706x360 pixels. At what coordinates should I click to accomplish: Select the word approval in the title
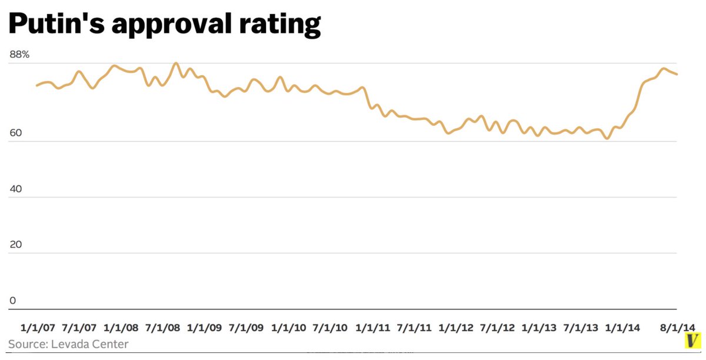point(171,25)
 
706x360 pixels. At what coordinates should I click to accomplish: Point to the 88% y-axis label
point(19,55)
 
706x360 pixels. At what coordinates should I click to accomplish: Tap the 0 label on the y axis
point(12,301)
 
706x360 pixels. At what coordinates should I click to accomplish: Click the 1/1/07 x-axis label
point(38,327)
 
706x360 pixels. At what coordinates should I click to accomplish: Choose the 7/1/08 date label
point(163,327)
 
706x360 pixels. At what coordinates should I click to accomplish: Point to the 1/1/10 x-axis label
point(288,327)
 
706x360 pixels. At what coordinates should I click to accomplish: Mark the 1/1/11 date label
point(372,327)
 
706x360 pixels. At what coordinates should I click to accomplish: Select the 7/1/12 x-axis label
point(498,327)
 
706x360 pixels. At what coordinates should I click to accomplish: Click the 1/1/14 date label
point(623,327)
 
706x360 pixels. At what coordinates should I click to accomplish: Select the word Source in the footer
point(25,344)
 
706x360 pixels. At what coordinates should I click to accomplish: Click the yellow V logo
point(694,341)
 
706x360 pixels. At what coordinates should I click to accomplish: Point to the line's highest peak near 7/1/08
point(176,63)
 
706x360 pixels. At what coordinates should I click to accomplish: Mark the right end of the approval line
point(677,74)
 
